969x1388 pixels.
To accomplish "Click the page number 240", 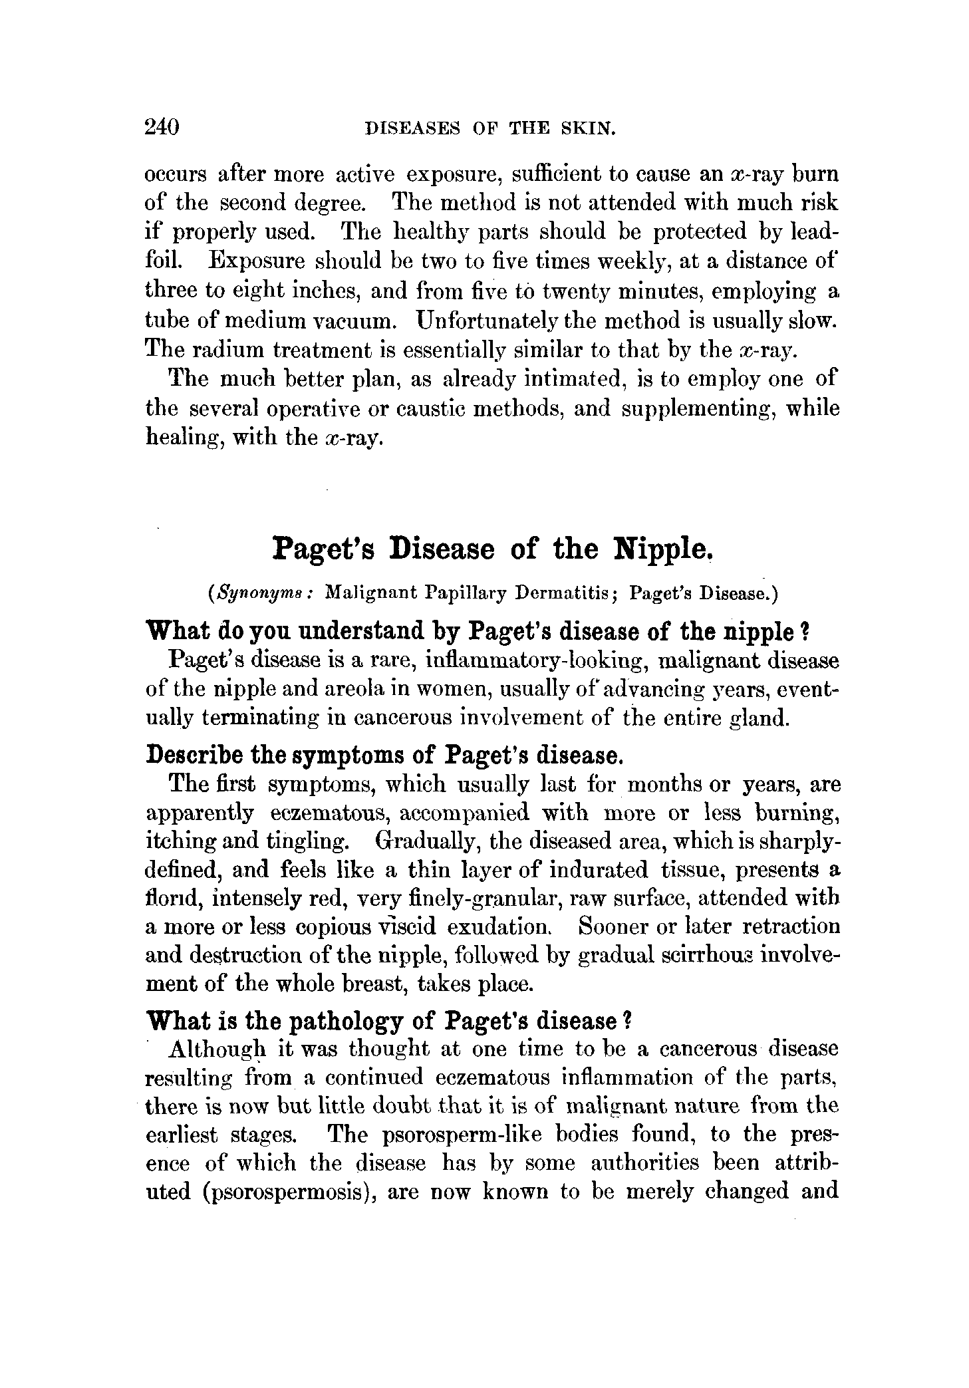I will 162,126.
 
